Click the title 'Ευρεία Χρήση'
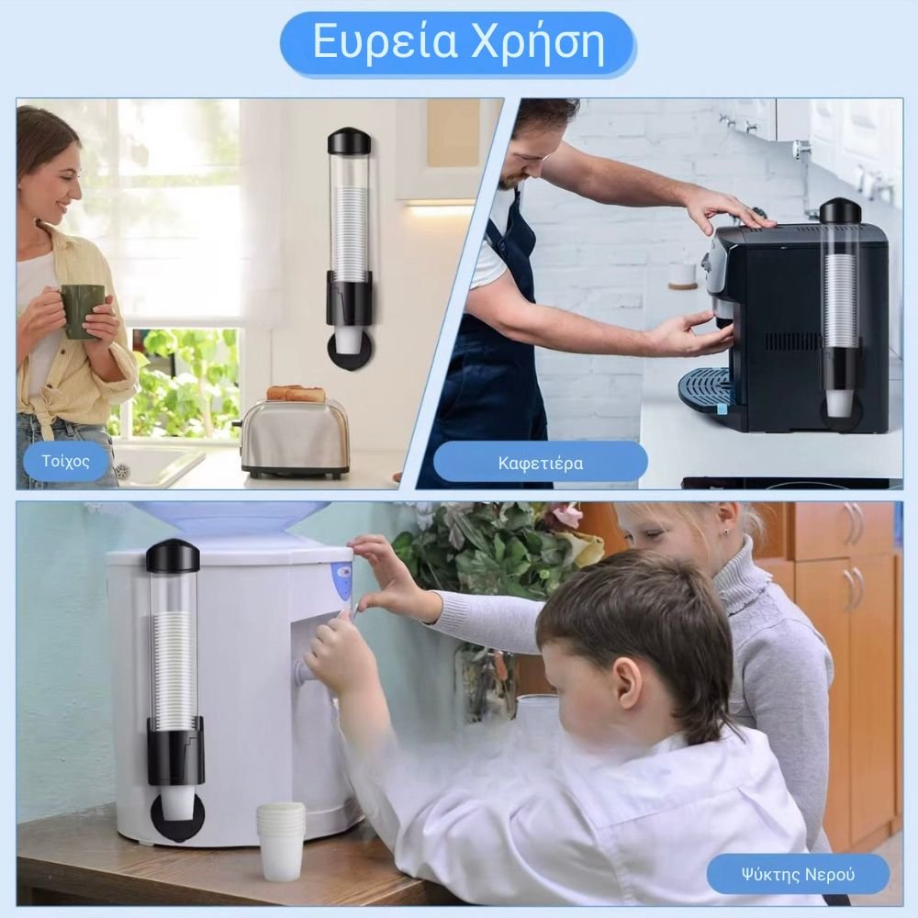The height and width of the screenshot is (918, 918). (458, 42)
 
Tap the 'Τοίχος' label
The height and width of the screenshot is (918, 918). (65, 462)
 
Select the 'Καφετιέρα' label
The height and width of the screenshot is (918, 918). (541, 464)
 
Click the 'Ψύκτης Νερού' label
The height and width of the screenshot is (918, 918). (798, 875)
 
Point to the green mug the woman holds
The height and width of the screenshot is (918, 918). (82, 311)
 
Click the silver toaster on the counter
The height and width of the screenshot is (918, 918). (296, 437)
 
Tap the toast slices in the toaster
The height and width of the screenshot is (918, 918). (297, 394)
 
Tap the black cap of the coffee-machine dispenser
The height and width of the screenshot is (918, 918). (843, 212)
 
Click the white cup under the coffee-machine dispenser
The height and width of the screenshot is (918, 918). (838, 403)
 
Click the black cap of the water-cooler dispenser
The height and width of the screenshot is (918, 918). (173, 555)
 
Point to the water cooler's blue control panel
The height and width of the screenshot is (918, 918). (342, 579)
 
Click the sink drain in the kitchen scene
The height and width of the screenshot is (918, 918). (122, 469)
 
